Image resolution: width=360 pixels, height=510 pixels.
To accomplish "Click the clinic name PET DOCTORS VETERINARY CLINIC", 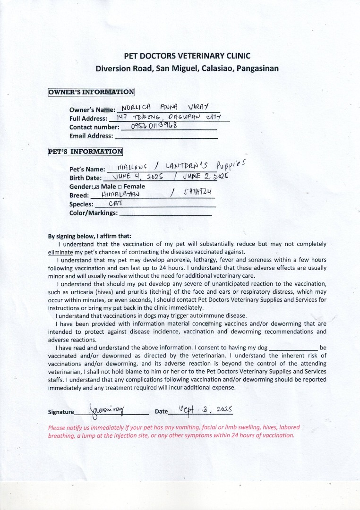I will [x=187, y=56].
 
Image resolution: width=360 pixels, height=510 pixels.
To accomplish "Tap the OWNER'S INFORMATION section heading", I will [x=91, y=92].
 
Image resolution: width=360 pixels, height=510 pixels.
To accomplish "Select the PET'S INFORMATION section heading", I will [x=85, y=152].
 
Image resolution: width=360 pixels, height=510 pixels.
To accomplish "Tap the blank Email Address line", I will [x=166, y=136].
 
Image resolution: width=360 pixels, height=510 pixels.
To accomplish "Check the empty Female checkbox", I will [x=120, y=187].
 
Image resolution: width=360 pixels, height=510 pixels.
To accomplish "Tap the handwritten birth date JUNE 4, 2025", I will [x=135, y=177].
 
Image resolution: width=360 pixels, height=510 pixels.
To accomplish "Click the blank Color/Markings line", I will [x=165, y=213].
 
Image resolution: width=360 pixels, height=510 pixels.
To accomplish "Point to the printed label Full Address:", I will [x=88, y=119].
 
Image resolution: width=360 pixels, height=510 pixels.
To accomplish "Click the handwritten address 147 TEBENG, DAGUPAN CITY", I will [x=168, y=117].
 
